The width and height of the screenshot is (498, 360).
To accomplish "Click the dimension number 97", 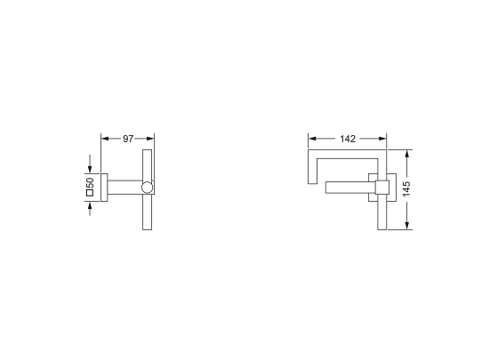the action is coord(128,139).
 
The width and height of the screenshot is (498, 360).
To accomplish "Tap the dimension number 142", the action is coord(348,139).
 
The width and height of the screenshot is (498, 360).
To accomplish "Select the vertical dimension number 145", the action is coord(406,188).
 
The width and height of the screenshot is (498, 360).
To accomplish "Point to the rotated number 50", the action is coord(90,182).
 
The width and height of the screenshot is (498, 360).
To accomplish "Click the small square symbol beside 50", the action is coord(90,193).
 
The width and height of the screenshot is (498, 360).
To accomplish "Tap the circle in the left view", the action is coord(147,188).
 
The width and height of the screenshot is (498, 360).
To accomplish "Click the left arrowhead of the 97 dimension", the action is coord(105,139).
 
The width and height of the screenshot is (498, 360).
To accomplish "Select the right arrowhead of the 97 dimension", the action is coord(150,139).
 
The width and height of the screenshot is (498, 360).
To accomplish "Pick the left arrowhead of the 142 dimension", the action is coord(312,139).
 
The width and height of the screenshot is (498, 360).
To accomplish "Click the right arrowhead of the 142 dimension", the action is coord(382,139).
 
